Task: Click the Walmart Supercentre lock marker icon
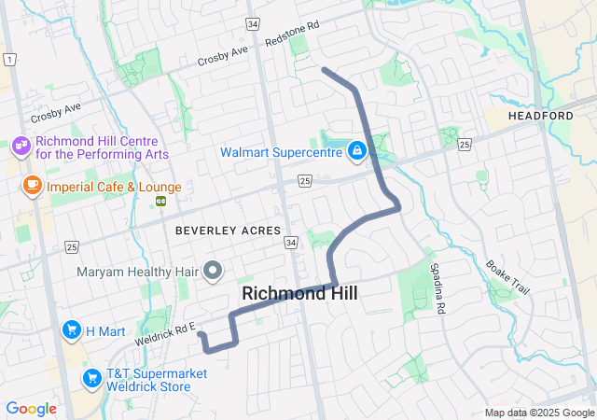point(356,150)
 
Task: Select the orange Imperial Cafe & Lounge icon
point(33,186)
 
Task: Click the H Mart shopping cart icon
point(71,329)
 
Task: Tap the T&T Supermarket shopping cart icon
point(91,378)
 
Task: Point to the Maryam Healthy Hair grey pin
point(214,272)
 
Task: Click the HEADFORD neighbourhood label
point(540,115)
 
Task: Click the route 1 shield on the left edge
point(8,59)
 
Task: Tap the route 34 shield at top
point(253,21)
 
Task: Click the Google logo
point(31,409)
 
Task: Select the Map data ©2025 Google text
point(538,413)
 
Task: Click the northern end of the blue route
point(323,69)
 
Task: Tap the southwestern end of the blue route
point(201,333)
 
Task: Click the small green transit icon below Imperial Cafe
point(161,200)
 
